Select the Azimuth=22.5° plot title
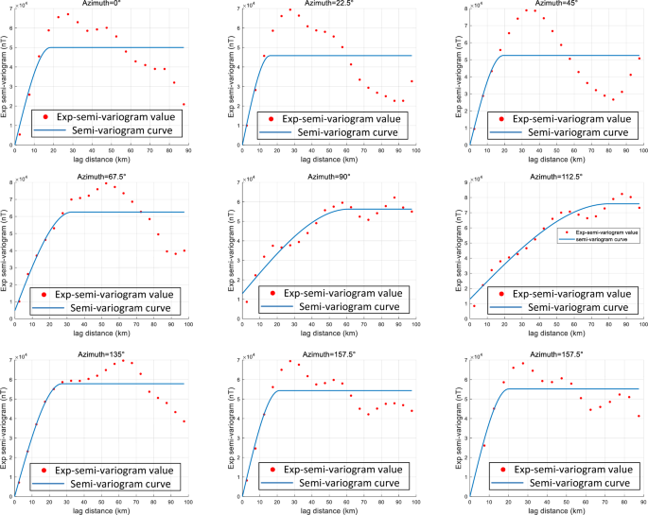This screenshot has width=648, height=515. tap(327, 4)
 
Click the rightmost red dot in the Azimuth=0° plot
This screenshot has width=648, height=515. tap(184, 105)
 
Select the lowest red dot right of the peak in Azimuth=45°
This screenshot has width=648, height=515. tap(613, 100)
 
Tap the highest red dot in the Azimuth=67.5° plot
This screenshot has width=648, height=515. tap(106, 183)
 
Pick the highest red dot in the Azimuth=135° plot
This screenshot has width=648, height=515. tap(121, 361)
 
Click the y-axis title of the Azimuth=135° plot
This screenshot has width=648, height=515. tap(6, 430)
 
